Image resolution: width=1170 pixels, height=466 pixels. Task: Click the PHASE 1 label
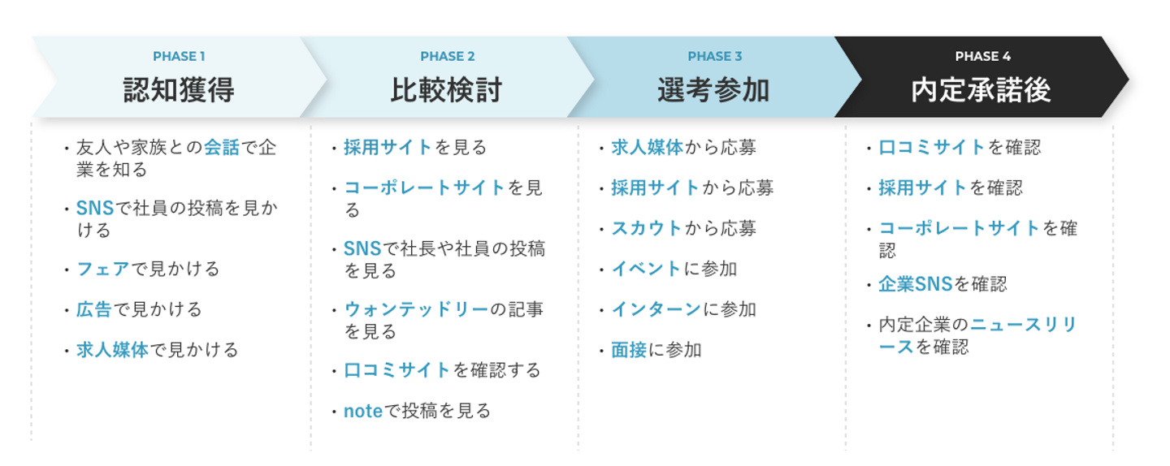179,56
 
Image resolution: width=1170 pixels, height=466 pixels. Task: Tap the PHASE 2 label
447,56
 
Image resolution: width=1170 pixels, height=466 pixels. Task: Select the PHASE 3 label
714,56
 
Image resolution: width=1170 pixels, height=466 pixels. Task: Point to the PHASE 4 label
982,56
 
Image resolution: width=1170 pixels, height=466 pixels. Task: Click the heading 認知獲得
179,90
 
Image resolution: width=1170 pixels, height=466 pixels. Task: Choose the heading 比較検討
447,90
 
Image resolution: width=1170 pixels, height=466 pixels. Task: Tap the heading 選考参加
713,90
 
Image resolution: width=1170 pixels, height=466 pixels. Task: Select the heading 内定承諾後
981,90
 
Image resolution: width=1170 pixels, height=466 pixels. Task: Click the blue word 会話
222,148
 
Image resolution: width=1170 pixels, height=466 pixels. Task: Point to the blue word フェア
103,270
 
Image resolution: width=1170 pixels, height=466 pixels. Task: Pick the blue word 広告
94,309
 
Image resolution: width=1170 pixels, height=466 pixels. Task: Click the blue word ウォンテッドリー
416,309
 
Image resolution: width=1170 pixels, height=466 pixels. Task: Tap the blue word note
363,412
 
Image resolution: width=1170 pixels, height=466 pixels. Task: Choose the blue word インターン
656,309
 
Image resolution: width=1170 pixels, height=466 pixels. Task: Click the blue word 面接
629,350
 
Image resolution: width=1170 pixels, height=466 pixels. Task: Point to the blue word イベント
646,270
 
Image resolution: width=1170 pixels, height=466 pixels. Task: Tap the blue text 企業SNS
916,284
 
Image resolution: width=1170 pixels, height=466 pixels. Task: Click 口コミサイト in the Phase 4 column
932,148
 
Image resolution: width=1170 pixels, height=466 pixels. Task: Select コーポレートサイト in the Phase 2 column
424,188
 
